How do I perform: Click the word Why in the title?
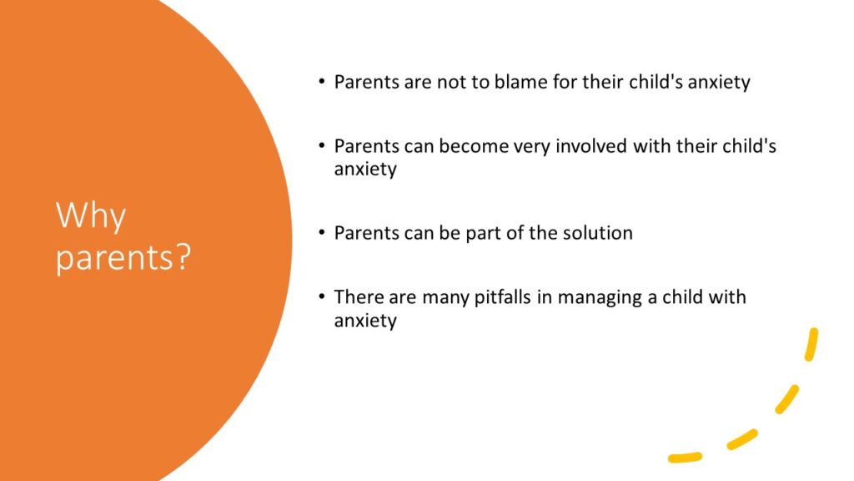[x=91, y=216]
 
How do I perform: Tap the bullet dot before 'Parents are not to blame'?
[x=322, y=83]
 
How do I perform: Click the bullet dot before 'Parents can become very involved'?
[x=322, y=146]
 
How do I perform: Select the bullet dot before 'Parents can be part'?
[x=322, y=233]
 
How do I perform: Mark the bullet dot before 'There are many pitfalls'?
[x=322, y=296]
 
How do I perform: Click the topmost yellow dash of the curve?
[x=811, y=345]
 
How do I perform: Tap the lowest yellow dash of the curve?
[x=685, y=457]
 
